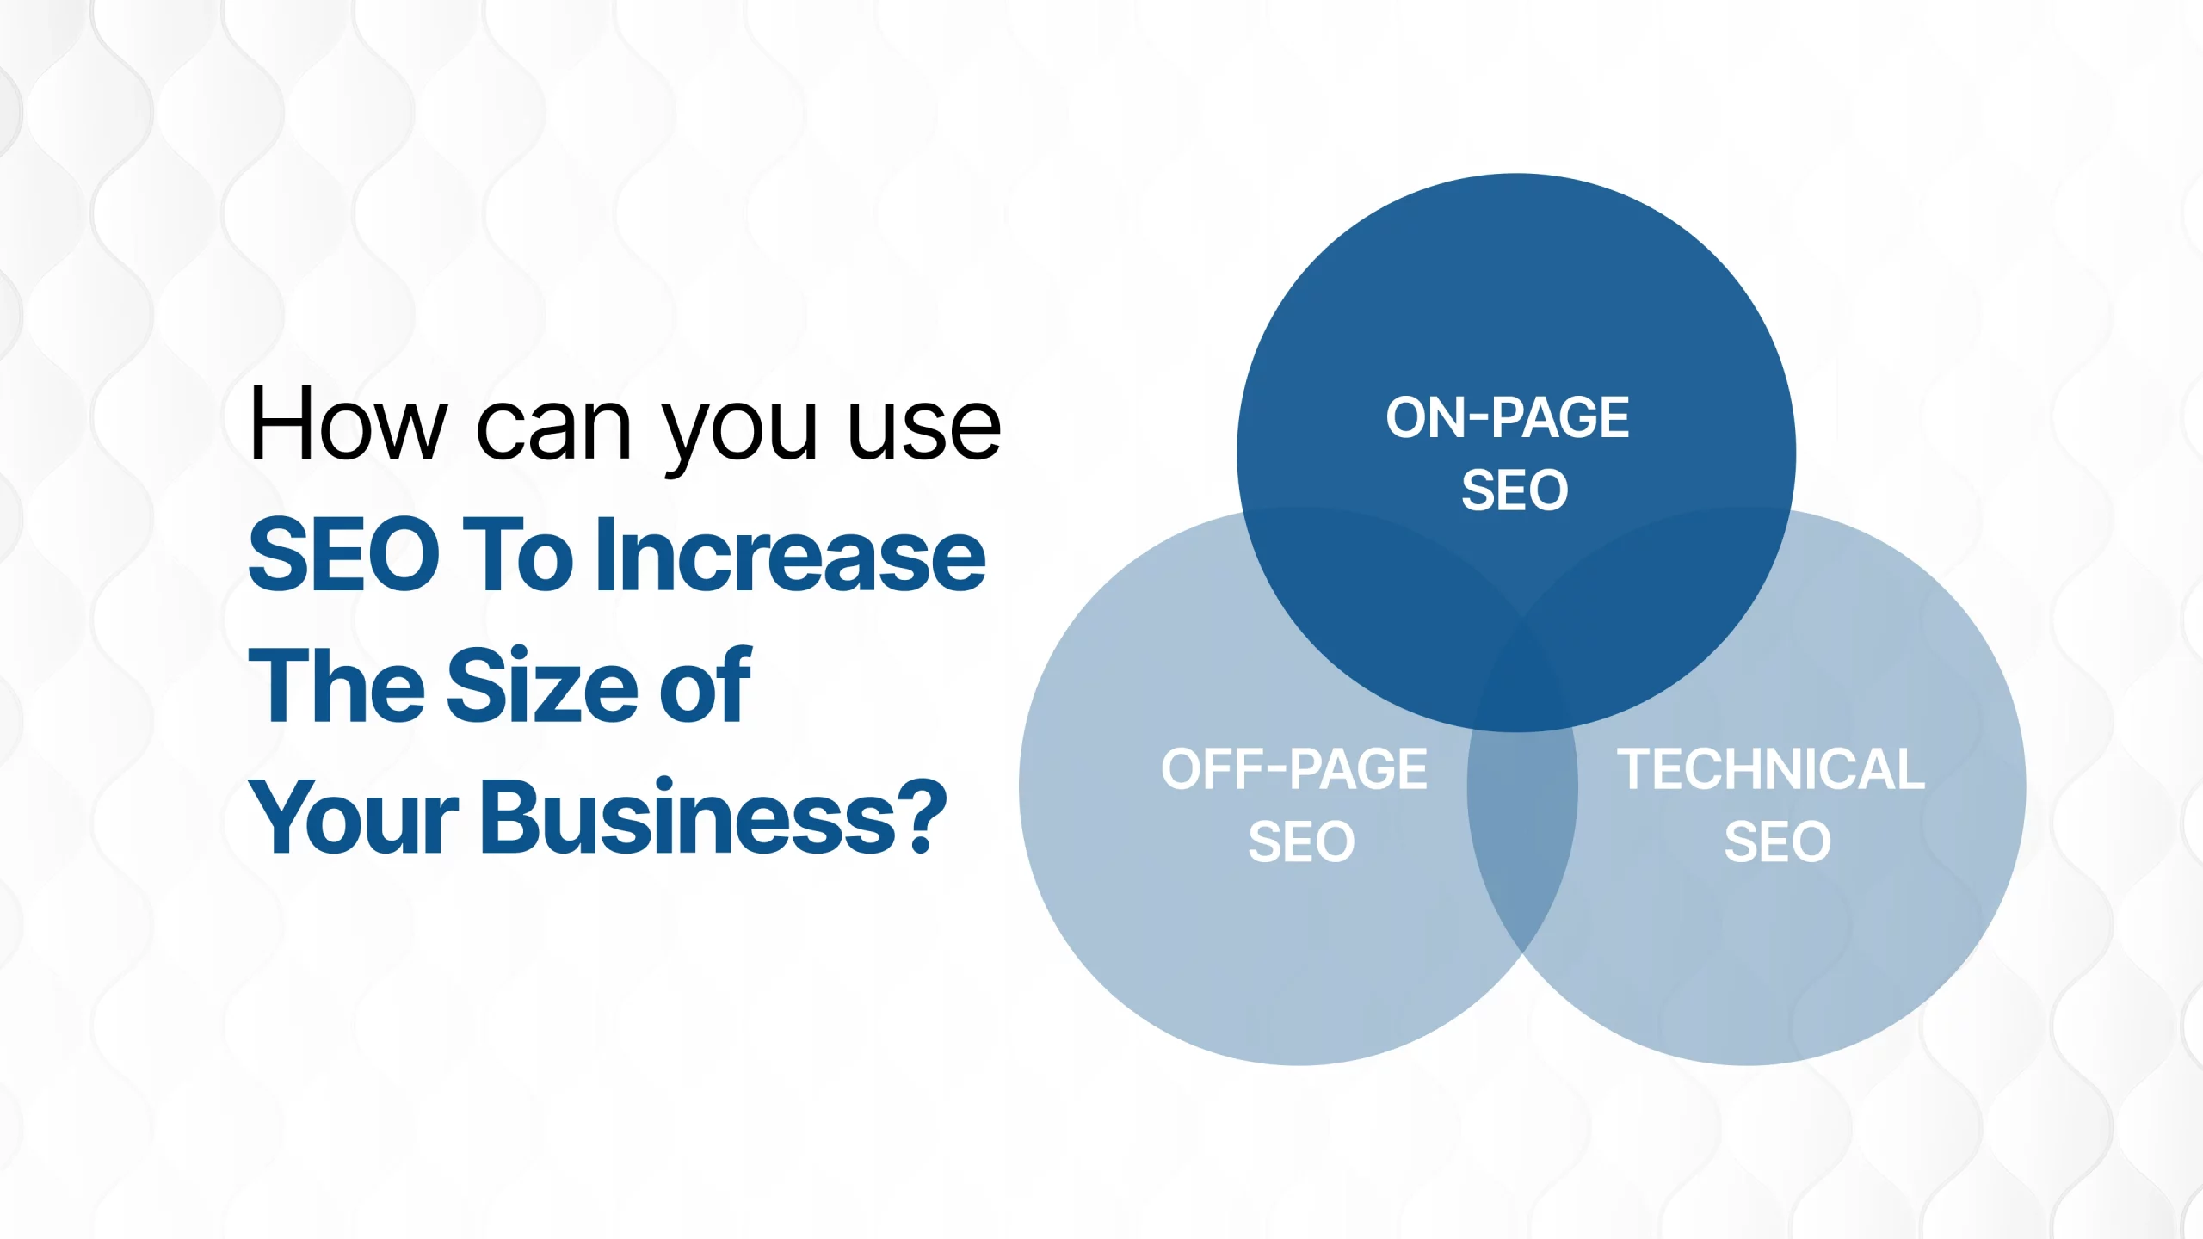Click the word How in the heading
349,424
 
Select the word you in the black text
739,438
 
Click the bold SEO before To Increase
344,555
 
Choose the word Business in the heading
689,817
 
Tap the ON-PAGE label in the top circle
1508,418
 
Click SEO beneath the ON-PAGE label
1515,490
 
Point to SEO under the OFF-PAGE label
1301,841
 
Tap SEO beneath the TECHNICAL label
1778,841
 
